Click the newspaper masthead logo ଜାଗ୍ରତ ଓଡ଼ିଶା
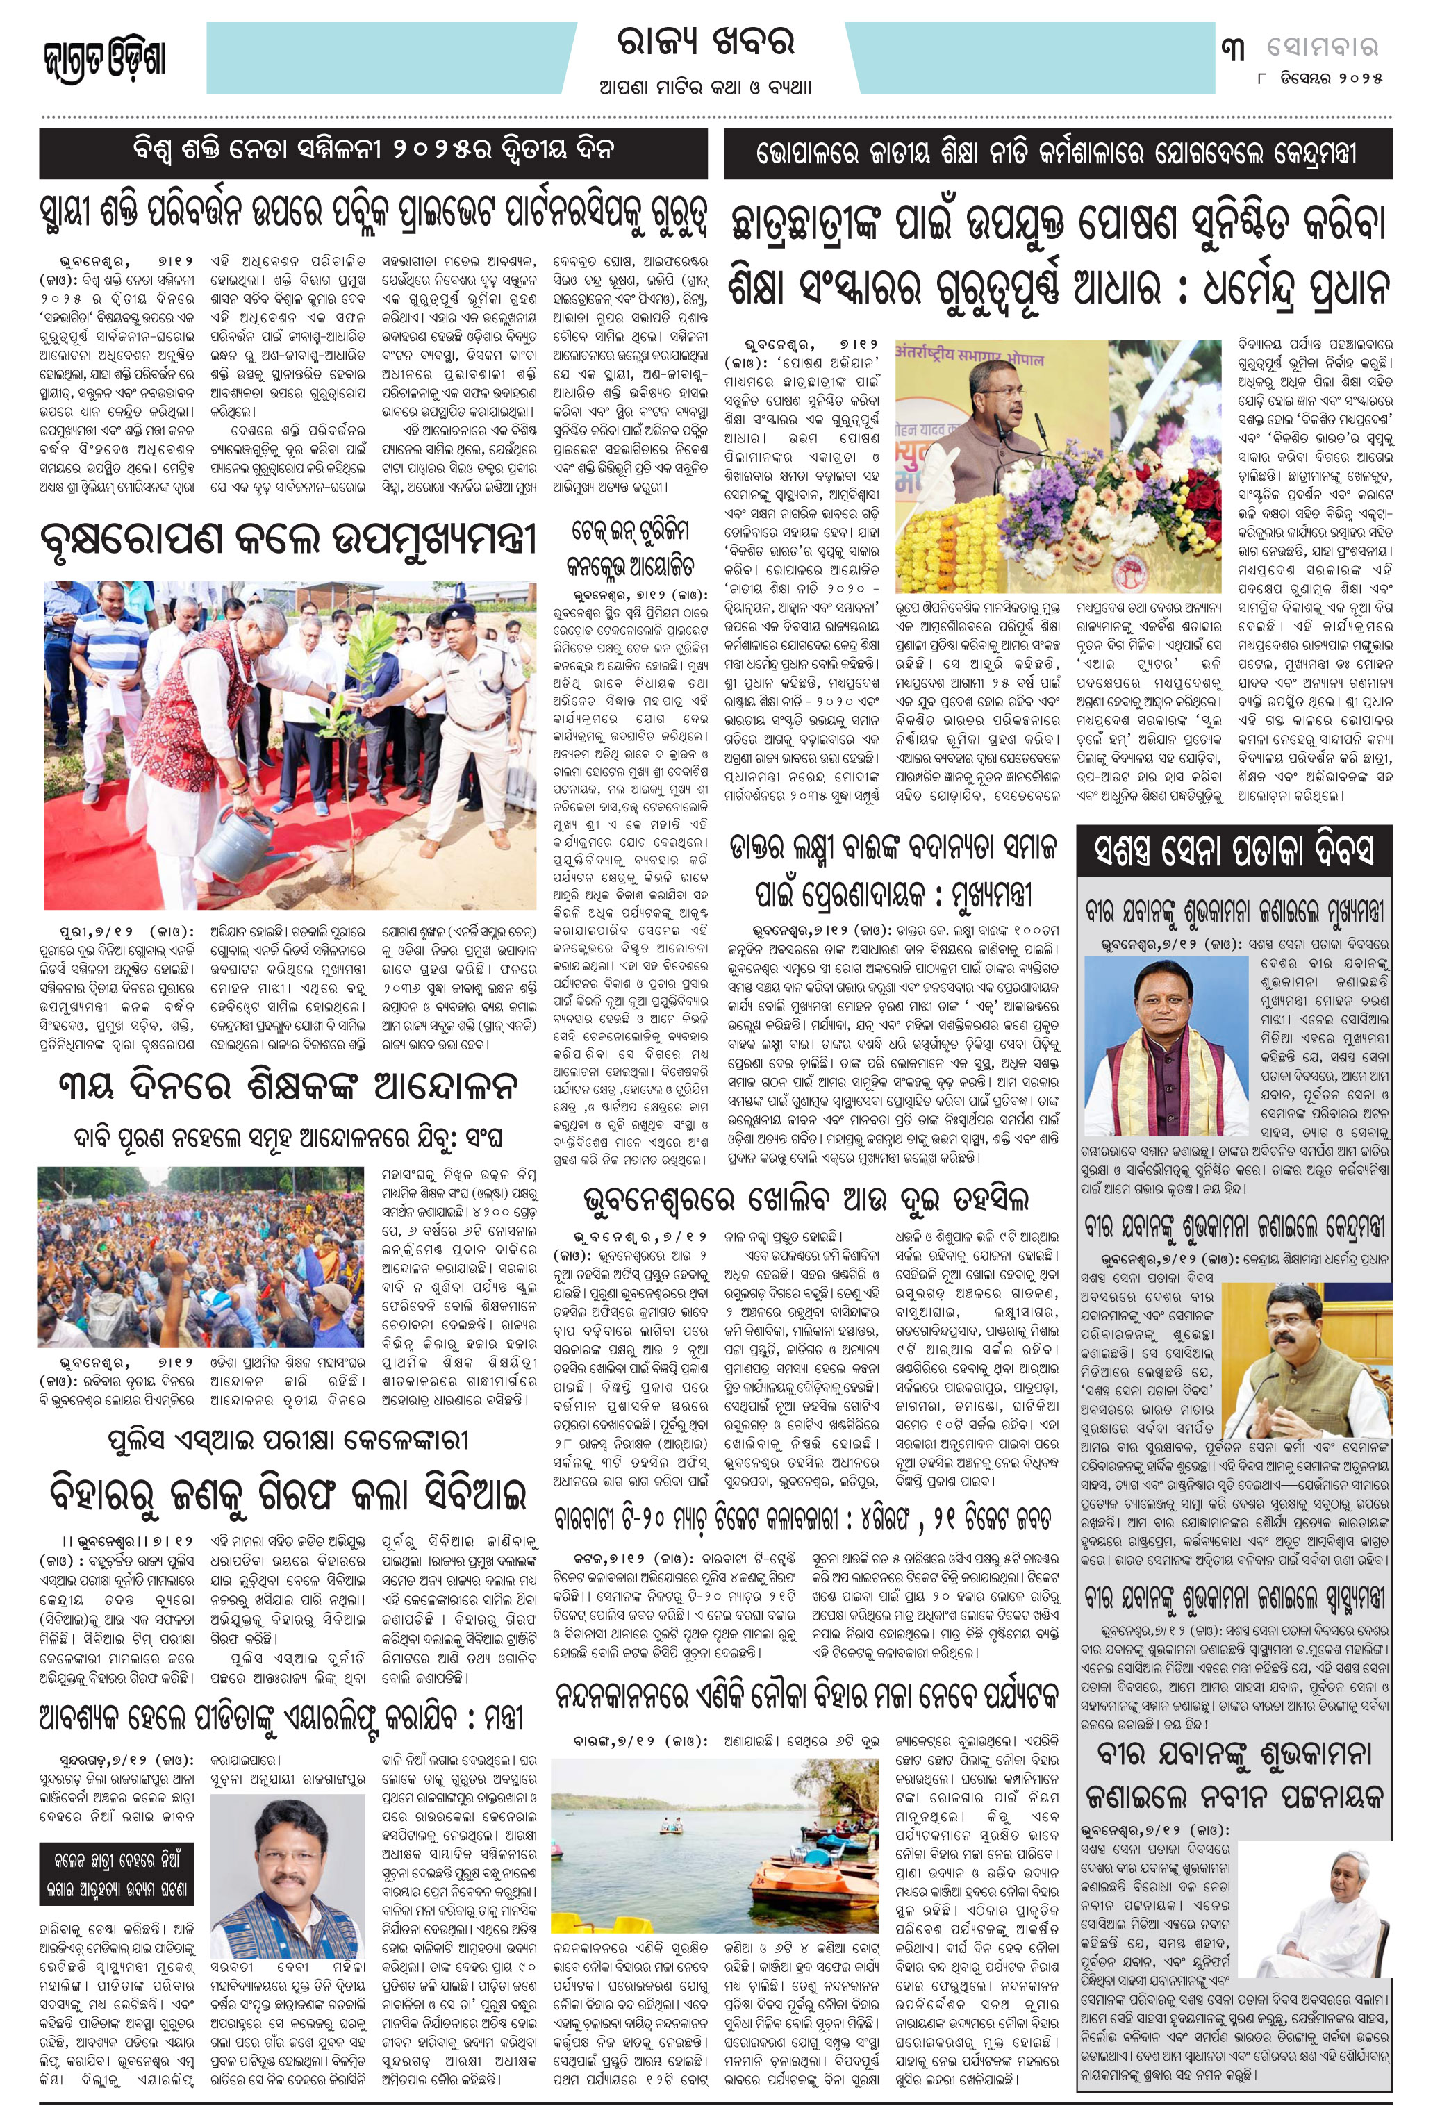click(104, 60)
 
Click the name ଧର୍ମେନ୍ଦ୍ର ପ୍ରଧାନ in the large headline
click(1296, 290)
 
